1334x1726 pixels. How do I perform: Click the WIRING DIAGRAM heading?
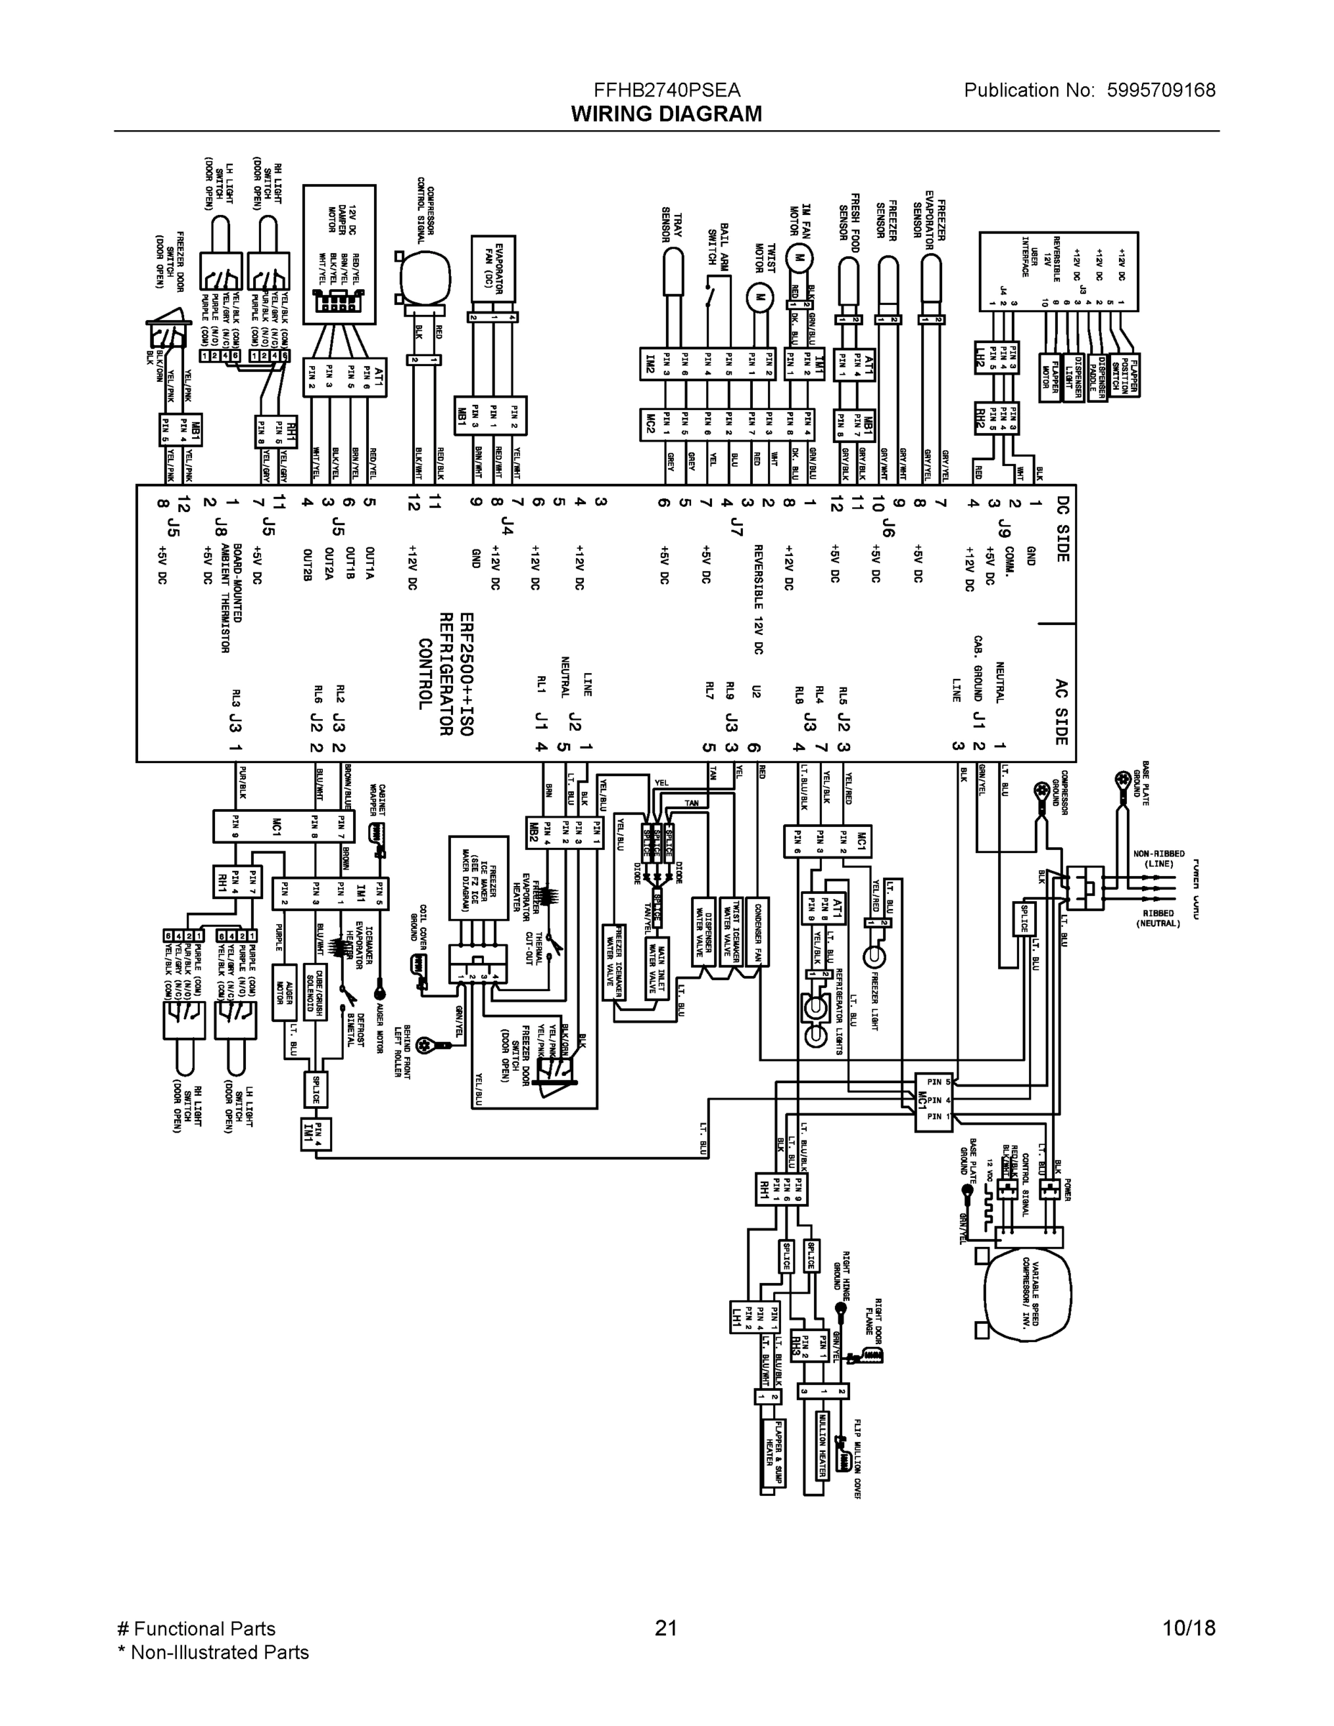(666, 114)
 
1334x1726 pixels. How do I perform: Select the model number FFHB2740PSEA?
(666, 90)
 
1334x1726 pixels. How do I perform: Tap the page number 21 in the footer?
(666, 1628)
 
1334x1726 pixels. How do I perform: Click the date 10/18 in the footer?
(1189, 1628)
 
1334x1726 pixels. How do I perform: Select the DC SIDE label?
(1063, 529)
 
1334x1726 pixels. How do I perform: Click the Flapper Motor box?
(1049, 376)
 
